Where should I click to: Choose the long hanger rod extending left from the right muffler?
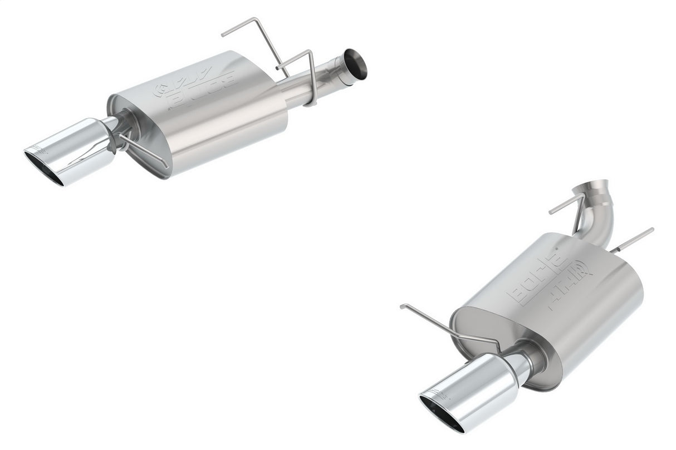coord(445,325)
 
